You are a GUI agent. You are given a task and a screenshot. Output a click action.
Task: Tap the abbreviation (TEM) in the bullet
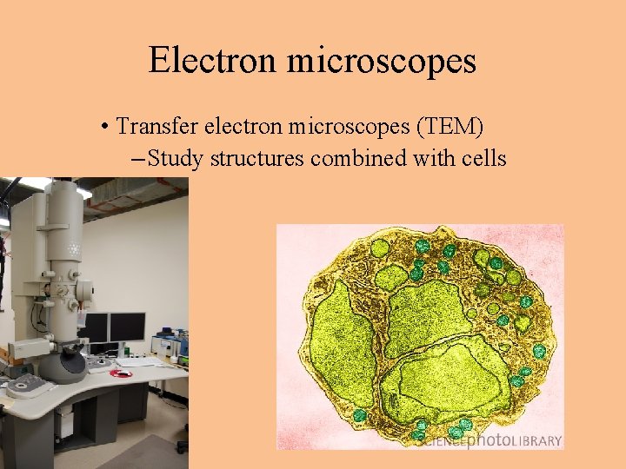click(x=450, y=127)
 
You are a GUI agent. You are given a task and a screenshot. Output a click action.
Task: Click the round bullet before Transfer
click(x=103, y=128)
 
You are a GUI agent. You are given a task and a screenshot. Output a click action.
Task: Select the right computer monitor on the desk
click(x=127, y=327)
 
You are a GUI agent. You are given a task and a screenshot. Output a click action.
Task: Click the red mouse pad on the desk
click(x=123, y=373)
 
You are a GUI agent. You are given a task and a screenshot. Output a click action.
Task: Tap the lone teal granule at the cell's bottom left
click(x=359, y=415)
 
